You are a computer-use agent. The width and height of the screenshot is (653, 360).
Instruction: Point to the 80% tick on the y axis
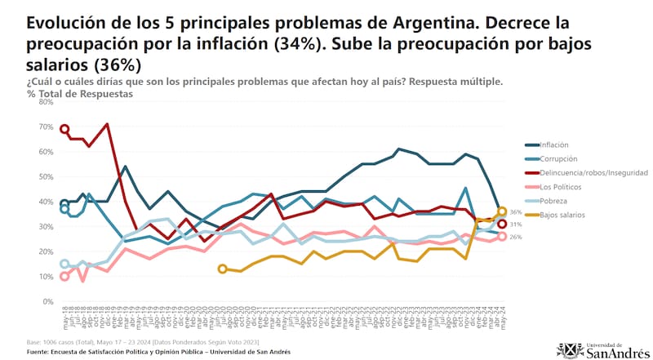tap(46, 102)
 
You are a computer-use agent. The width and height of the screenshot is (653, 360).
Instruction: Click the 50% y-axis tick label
tap(46, 177)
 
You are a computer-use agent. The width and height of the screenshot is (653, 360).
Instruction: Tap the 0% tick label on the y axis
tap(47, 301)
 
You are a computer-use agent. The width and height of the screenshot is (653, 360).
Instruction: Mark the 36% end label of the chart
tap(515, 211)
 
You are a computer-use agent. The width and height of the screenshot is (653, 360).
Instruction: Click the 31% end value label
tap(515, 224)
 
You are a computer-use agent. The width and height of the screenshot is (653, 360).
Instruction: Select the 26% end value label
tap(515, 237)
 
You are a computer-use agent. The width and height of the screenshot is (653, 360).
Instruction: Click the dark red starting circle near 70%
tap(64, 128)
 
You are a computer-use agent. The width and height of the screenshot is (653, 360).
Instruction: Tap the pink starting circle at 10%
tap(64, 277)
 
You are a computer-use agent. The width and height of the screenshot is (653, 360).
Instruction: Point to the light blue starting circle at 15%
tap(64, 264)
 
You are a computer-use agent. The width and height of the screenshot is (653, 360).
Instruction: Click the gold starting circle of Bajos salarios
tap(222, 269)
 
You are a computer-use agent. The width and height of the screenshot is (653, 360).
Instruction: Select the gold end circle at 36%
tap(502, 211)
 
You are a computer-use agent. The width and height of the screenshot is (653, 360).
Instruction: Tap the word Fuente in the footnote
tap(40, 351)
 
